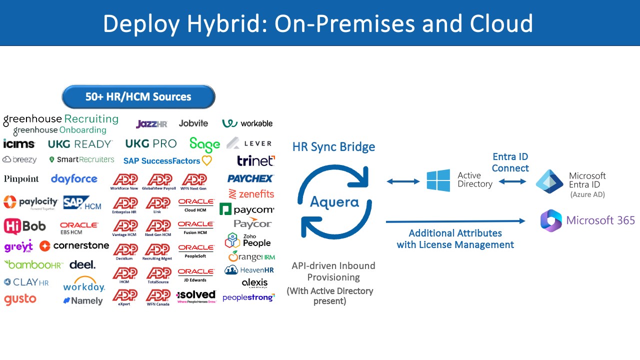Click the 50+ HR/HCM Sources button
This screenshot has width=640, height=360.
pyautogui.click(x=138, y=96)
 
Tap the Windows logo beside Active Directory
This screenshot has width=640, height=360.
pyautogui.click(x=438, y=180)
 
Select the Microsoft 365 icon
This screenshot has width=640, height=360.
pyautogui.click(x=551, y=220)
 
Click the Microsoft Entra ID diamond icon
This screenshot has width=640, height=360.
pyautogui.click(x=549, y=181)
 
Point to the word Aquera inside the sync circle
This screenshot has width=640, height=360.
pyautogui.click(x=334, y=202)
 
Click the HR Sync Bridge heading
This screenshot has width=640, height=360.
pyautogui.click(x=333, y=147)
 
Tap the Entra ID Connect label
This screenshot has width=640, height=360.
pyautogui.click(x=510, y=162)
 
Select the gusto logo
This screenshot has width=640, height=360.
pyautogui.click(x=20, y=299)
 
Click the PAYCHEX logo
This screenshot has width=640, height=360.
pyautogui.click(x=250, y=178)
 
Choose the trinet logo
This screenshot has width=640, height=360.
pyautogui.click(x=255, y=160)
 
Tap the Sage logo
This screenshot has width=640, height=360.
pyautogui.click(x=204, y=144)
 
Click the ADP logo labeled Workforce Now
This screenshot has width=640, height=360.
pyautogui.click(x=124, y=181)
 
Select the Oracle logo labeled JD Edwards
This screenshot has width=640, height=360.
pyautogui.click(x=196, y=274)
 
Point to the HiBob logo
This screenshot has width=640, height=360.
pyautogui.click(x=25, y=226)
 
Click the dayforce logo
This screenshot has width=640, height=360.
pyautogui.click(x=74, y=178)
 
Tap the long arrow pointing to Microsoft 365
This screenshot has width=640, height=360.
pyautogui.click(x=455, y=221)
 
